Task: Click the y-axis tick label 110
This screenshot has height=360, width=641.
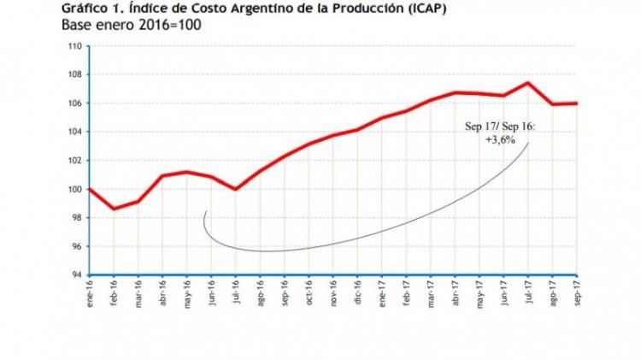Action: tap(74, 46)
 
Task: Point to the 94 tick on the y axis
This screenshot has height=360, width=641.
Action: tap(76, 274)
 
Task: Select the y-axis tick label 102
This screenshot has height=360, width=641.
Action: tap(74, 160)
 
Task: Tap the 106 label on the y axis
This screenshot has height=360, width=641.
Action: tap(74, 103)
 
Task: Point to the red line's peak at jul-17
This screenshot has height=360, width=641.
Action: tap(527, 83)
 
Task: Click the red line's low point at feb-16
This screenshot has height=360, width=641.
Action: tap(114, 209)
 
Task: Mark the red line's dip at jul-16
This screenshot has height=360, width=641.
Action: tap(235, 189)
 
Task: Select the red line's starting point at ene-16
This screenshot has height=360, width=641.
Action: tap(89, 189)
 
